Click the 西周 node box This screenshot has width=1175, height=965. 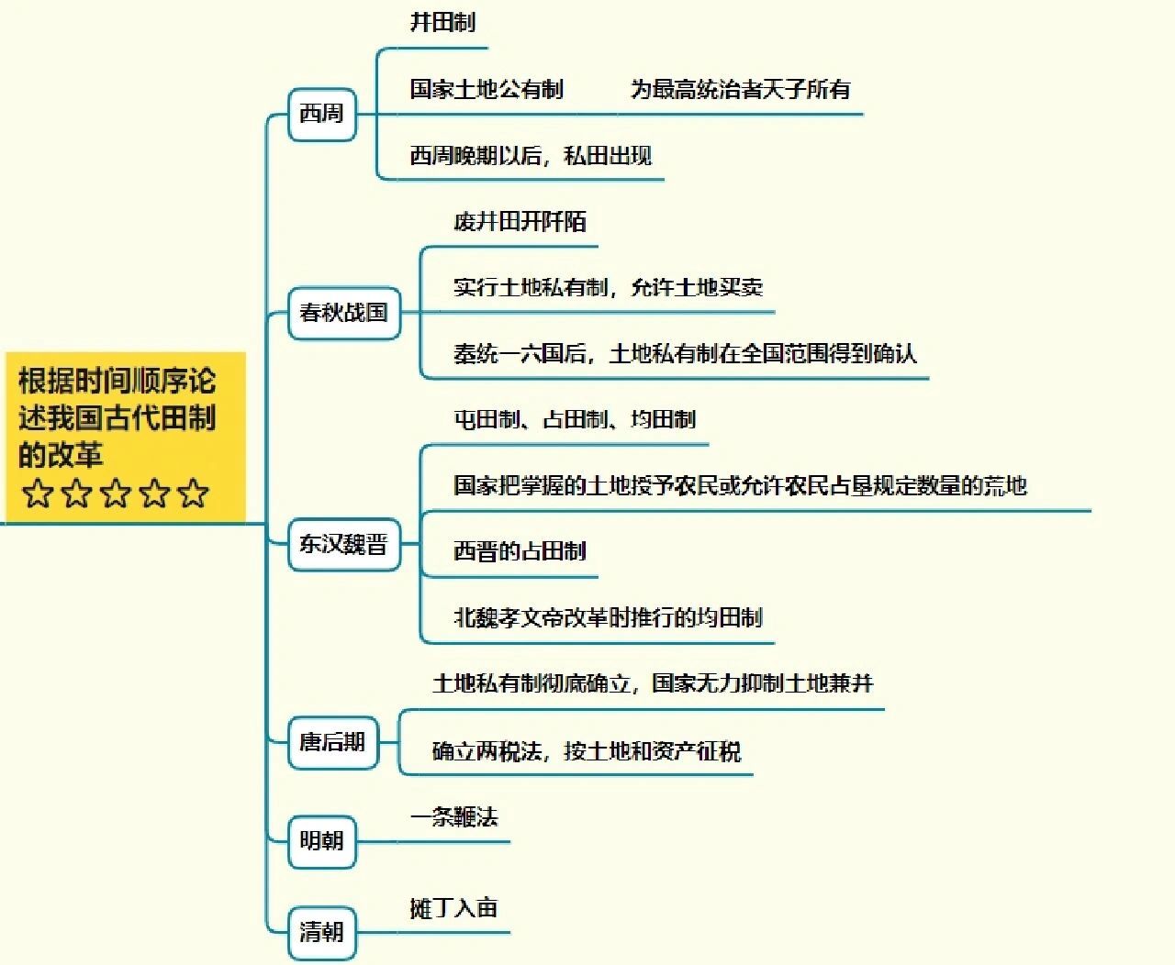pyautogui.click(x=322, y=114)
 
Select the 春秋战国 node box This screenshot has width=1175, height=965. pyautogui.click(x=343, y=313)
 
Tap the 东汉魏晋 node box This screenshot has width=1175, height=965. pyautogui.click(x=343, y=544)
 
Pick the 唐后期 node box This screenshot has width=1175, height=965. pyautogui.click(x=332, y=742)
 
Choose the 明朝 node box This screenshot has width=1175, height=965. pyautogui.click(x=322, y=841)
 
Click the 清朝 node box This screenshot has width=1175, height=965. pyautogui.click(x=322, y=932)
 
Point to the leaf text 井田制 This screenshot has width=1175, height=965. pyautogui.click(x=443, y=23)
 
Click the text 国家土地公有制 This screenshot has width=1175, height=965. pyautogui.click(x=487, y=89)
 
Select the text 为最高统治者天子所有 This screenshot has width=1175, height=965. pyautogui.click(x=741, y=89)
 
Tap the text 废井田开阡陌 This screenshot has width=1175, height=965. pyautogui.click(x=520, y=222)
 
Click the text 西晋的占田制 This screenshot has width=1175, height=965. pyautogui.click(x=520, y=551)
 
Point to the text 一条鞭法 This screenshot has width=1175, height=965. pyautogui.click(x=454, y=817)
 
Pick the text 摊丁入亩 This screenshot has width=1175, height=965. pyautogui.click(x=454, y=908)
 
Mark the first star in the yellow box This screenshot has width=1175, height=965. pyautogui.click(x=38, y=494)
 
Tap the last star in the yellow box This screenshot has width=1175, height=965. pyautogui.click(x=194, y=494)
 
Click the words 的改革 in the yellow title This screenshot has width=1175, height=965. pyautogui.click(x=61, y=454)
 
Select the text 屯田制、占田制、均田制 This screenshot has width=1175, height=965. pyautogui.click(x=575, y=419)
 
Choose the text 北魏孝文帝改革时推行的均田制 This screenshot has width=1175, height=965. pyautogui.click(x=609, y=617)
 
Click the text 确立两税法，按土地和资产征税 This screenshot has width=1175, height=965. pyautogui.click(x=587, y=751)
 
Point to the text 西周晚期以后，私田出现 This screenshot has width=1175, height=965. pyautogui.click(x=531, y=155)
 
